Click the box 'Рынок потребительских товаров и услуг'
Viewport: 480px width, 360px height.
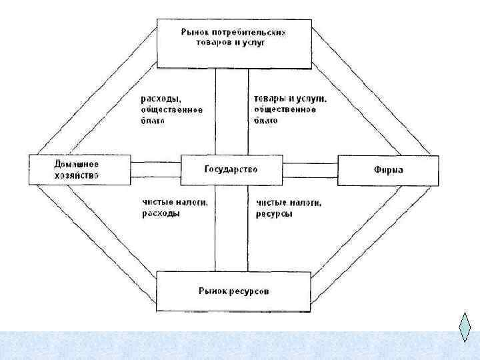click(x=235, y=43)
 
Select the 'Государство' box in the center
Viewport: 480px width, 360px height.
click(x=231, y=170)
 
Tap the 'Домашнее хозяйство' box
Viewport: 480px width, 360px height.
click(x=79, y=170)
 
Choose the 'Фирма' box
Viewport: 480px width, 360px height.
click(x=388, y=170)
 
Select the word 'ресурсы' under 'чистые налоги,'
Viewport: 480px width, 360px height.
click(x=274, y=214)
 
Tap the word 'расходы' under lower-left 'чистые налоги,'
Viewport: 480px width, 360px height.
click(x=161, y=213)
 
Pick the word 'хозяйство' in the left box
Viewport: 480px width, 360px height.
click(x=76, y=175)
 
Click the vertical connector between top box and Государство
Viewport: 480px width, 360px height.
click(x=231, y=111)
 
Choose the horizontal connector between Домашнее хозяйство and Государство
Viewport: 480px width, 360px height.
click(x=155, y=170)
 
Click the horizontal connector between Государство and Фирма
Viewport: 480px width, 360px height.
click(x=310, y=170)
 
